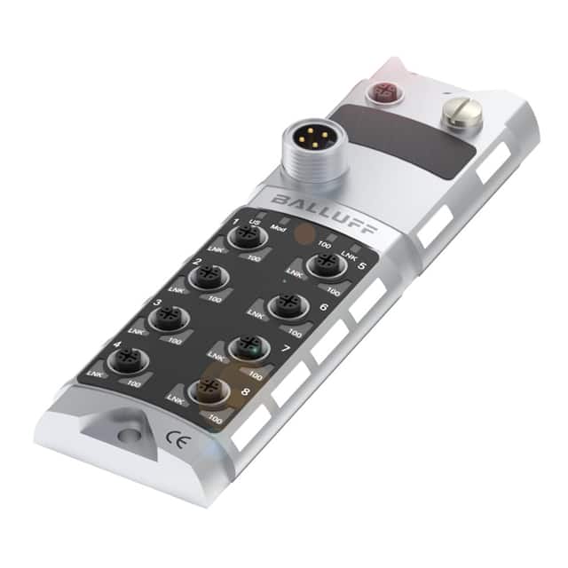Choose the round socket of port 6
[286, 306]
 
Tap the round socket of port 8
[209, 390]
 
